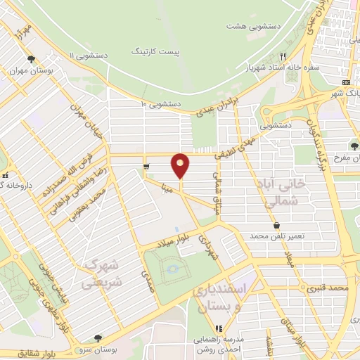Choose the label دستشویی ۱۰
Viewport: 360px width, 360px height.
pyautogui.click(x=161, y=104)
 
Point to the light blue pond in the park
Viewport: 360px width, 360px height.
pyautogui.click(x=170, y=269)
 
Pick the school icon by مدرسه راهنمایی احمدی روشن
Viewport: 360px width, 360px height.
pyautogui.click(x=219, y=328)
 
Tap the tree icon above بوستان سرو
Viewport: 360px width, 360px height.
pyautogui.click(x=98, y=338)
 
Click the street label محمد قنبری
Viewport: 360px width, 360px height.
pyautogui.click(x=330, y=288)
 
